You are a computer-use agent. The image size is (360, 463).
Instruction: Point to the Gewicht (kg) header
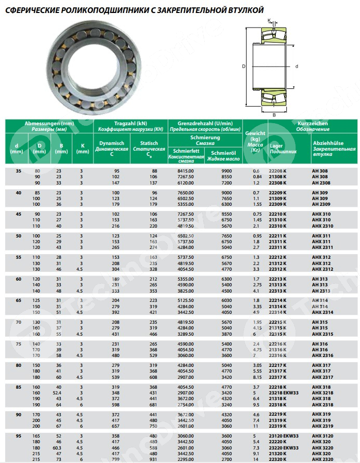click(255, 141)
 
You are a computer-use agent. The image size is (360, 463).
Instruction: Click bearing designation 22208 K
click(278, 171)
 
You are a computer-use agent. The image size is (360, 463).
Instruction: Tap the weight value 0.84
click(256, 177)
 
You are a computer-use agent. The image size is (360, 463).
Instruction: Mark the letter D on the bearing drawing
click(243, 67)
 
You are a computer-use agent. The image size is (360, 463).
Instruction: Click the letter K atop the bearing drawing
click(269, 20)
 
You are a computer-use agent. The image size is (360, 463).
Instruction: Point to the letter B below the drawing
click(274, 114)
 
